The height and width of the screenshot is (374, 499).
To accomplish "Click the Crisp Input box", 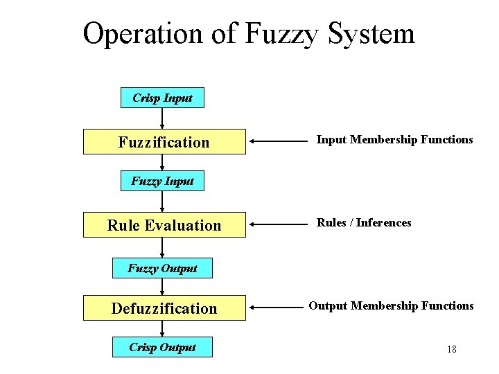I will click(x=162, y=98).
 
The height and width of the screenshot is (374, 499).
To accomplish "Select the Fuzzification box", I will click(x=164, y=142).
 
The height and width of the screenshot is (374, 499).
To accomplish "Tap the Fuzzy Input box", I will click(x=162, y=181).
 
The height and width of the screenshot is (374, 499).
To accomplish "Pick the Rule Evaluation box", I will click(x=164, y=225).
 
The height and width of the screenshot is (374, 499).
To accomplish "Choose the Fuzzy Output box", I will click(x=162, y=268).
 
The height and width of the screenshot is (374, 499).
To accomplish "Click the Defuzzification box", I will click(x=164, y=308).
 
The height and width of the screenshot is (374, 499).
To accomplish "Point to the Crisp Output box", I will click(x=162, y=347).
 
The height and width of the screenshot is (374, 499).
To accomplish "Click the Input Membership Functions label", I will click(x=394, y=140).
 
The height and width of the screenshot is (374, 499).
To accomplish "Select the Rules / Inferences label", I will click(x=364, y=223).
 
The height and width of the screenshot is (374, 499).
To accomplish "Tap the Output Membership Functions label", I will click(x=391, y=306).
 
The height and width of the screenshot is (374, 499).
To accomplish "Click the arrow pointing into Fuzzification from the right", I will click(x=276, y=141).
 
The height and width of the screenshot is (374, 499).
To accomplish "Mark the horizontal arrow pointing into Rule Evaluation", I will click(x=276, y=224).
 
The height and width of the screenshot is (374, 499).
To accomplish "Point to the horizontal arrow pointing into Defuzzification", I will click(x=276, y=307).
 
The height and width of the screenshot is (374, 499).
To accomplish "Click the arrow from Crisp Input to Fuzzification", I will click(x=162, y=118).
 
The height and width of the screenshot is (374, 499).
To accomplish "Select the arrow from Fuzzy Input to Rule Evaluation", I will click(x=162, y=202).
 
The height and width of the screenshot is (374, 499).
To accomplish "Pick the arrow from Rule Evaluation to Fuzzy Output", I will click(x=162, y=247).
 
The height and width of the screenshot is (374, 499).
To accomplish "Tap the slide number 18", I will click(x=452, y=349).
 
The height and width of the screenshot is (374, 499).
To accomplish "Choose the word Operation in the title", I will click(x=144, y=33).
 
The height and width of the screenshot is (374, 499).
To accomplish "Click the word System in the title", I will click(x=367, y=33).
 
